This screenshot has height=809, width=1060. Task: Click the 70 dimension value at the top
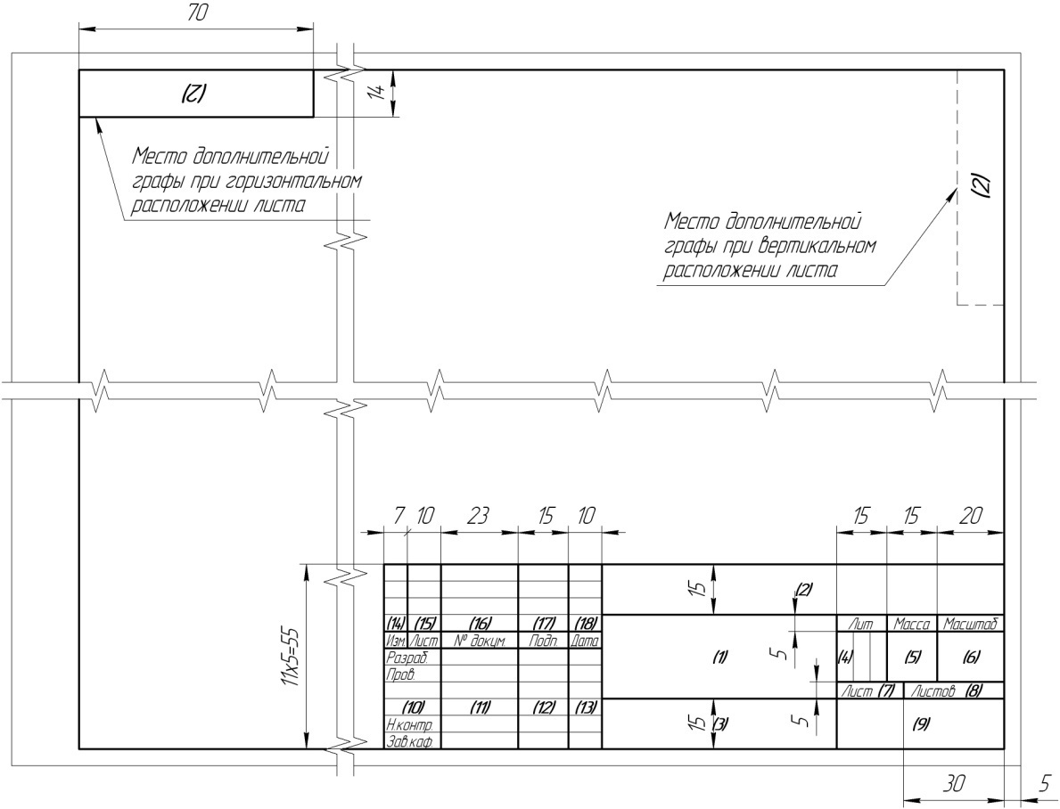pos(196,13)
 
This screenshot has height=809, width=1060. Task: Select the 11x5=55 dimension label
pos(289,656)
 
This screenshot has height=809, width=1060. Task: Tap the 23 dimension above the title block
pos(478,517)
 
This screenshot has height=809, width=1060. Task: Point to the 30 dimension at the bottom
pos(953,784)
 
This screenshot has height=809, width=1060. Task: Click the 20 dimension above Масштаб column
pos(970,517)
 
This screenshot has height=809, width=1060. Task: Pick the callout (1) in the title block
pos(720,657)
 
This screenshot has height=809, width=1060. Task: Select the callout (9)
pos(920,724)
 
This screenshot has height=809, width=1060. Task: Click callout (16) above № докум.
pos(480,623)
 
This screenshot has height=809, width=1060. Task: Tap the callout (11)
pos(480,707)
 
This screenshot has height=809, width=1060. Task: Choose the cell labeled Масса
pos(911,624)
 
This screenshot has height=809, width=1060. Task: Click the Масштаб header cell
pos(970,624)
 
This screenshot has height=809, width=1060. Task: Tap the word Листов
pos(933,691)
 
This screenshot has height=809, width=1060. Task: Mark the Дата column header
pos(585,640)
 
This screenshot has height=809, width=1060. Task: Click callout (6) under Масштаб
pos(970,657)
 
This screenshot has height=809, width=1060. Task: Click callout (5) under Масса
pos(912,657)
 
